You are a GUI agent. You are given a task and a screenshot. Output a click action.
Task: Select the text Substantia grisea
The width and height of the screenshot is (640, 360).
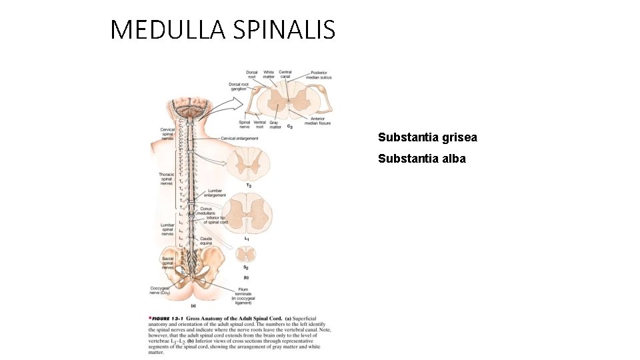[427, 138]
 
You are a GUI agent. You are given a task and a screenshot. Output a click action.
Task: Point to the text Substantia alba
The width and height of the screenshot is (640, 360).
[422, 159]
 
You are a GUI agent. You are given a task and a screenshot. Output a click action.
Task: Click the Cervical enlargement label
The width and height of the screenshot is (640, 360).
[239, 139]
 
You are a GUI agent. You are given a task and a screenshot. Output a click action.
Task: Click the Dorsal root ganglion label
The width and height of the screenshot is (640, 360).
[238, 87]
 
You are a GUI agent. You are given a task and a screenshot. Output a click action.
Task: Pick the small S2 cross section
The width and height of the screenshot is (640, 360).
[247, 253]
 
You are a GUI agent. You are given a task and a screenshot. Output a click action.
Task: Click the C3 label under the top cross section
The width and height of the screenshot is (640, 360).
[289, 126]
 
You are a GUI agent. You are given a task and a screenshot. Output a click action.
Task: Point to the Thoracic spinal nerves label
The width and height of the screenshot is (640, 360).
[166, 178]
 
